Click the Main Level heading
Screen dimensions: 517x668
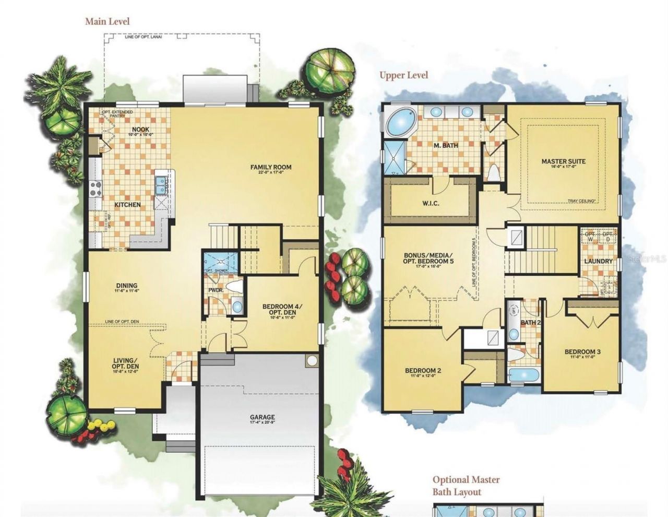pyautogui.click(x=107, y=21)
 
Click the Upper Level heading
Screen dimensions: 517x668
pyautogui.click(x=403, y=75)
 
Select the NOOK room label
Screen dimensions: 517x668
pyautogui.click(x=138, y=130)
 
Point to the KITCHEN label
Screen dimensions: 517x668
pyautogui.click(x=127, y=205)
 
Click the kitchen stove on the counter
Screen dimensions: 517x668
pyautogui.click(x=96, y=188)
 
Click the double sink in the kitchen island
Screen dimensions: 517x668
pyautogui.click(x=160, y=185)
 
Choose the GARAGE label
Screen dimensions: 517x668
pyautogui.click(x=262, y=418)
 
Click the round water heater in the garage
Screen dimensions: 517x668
pyautogui.click(x=312, y=361)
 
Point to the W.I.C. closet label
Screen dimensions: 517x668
pyautogui.click(x=431, y=203)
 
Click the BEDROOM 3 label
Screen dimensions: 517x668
pyautogui.click(x=582, y=352)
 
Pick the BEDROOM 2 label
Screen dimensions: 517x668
pyautogui.click(x=423, y=371)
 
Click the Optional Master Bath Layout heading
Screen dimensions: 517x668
pyautogui.click(x=466, y=486)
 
